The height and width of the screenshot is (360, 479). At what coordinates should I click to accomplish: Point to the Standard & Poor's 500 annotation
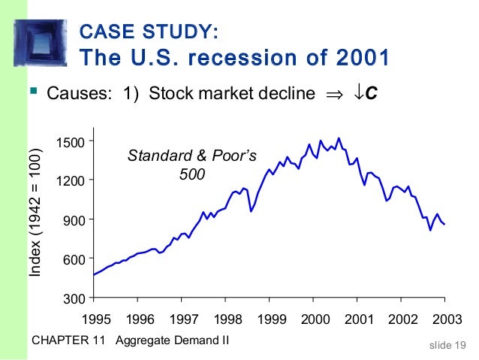192,165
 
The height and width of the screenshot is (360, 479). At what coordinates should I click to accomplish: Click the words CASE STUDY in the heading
149,32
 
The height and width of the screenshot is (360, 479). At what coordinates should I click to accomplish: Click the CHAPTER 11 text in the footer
71,341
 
